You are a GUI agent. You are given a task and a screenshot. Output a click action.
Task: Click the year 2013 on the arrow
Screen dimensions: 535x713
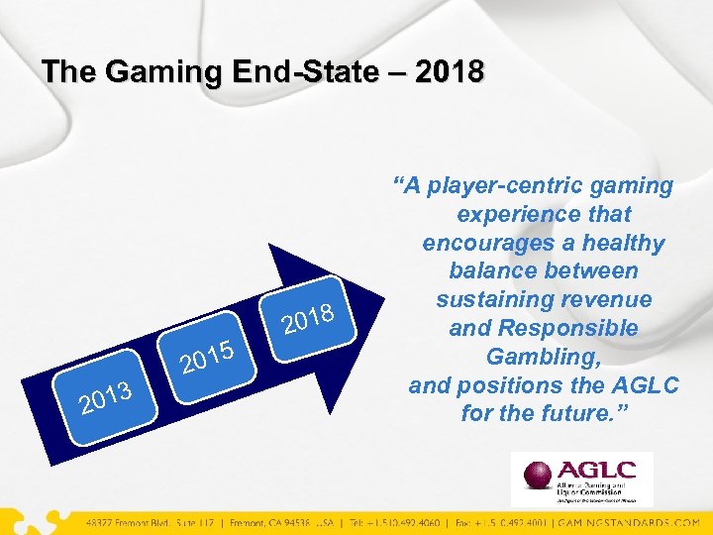(106, 395)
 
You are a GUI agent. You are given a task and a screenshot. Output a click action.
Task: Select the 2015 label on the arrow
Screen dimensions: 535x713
(206, 359)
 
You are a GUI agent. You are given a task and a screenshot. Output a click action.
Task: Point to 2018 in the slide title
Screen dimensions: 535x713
(452, 72)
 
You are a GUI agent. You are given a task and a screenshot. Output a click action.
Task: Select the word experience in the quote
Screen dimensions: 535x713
(506, 214)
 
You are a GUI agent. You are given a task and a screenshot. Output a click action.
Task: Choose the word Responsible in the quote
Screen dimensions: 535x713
(582, 328)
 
